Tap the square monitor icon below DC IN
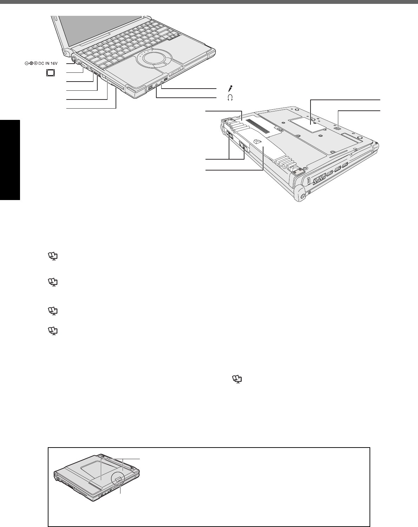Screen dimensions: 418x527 pyautogui.click(x=51, y=73)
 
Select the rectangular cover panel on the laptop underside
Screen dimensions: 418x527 pyautogui.click(x=306, y=125)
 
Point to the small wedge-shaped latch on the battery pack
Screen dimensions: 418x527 pyautogui.click(x=257, y=141)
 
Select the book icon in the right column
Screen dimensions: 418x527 pyautogui.click(x=237, y=379)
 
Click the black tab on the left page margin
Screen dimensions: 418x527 pyautogui.click(x=10, y=160)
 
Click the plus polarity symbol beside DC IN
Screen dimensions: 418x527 pyautogui.click(x=36, y=63)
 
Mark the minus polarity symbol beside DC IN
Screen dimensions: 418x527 pyautogui.click(x=27, y=63)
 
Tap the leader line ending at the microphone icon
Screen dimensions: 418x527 pyautogui.click(x=190, y=89)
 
